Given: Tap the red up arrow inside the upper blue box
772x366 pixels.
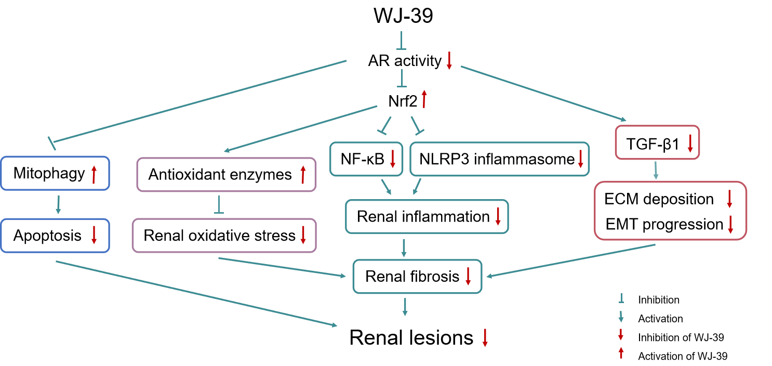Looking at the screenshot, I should click(94, 175).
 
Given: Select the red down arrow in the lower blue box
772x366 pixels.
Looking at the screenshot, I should click(94, 235).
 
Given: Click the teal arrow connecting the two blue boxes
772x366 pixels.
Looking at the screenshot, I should click(58, 205).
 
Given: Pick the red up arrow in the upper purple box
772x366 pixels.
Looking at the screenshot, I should click(303, 175).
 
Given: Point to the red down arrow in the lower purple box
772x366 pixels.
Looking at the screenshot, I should click(303, 235).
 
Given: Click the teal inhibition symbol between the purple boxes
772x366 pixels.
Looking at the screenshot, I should click(219, 205).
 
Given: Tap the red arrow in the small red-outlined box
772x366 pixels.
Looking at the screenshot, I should click(690, 143).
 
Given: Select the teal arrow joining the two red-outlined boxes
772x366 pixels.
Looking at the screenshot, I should click(656, 171).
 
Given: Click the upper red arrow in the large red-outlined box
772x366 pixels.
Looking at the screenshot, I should click(729, 199).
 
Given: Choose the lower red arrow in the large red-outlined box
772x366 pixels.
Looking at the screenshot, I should click(730, 225).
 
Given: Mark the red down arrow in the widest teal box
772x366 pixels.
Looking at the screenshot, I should click(581, 159).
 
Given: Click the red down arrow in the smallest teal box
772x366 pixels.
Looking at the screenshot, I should click(393, 159).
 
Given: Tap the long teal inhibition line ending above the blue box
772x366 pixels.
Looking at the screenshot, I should click(200, 101).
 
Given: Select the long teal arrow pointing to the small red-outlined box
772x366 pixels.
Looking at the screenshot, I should click(543, 94).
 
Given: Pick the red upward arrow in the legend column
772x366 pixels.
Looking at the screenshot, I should click(621, 352).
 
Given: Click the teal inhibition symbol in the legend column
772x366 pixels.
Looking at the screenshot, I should click(621, 298).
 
